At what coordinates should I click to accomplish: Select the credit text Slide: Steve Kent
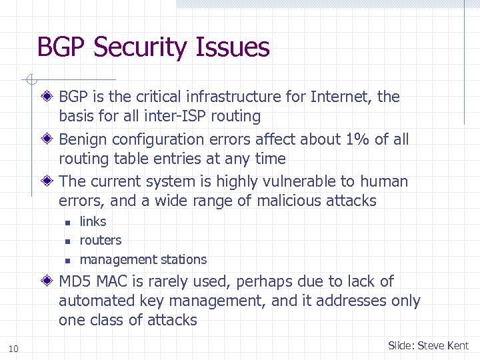(428, 345)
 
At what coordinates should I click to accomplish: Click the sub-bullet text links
(93, 221)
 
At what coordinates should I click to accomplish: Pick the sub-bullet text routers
(100, 240)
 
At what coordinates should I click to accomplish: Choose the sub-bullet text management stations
(143, 259)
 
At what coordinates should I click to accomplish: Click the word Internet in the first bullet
(340, 97)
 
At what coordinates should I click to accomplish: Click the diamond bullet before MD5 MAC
(51, 281)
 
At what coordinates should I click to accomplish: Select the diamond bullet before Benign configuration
(51, 139)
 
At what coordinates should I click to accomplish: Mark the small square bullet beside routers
(67, 241)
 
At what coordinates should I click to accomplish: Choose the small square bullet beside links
(67, 222)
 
